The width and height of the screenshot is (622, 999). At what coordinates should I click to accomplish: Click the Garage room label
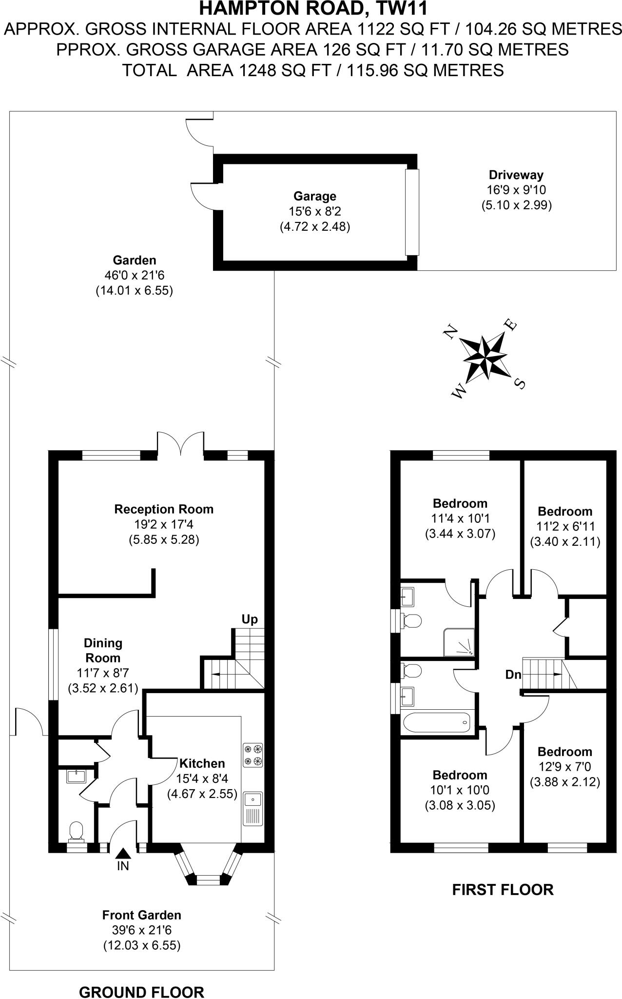[314, 196]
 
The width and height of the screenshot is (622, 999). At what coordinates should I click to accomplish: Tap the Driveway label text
[516, 175]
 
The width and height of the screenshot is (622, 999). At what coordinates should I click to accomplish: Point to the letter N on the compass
[450, 333]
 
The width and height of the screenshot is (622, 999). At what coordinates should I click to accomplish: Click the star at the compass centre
[485, 358]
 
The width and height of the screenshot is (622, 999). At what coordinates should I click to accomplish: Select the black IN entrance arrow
[123, 853]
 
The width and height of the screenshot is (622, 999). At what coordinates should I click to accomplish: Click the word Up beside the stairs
[250, 619]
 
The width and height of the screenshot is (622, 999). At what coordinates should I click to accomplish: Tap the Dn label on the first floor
[513, 675]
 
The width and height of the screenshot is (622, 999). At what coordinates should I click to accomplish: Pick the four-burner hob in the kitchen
[253, 755]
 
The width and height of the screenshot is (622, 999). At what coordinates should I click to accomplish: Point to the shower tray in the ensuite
[458, 642]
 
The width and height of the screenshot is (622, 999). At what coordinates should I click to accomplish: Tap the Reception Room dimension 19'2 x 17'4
[164, 524]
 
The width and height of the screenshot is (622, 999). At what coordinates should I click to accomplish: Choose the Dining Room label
[103, 650]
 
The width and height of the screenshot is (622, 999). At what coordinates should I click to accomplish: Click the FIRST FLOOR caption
[503, 890]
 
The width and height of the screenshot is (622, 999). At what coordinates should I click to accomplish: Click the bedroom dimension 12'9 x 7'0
[565, 767]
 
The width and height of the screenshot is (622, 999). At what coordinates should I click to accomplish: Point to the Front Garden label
[141, 915]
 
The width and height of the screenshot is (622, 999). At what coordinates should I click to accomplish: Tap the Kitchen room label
[202, 763]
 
